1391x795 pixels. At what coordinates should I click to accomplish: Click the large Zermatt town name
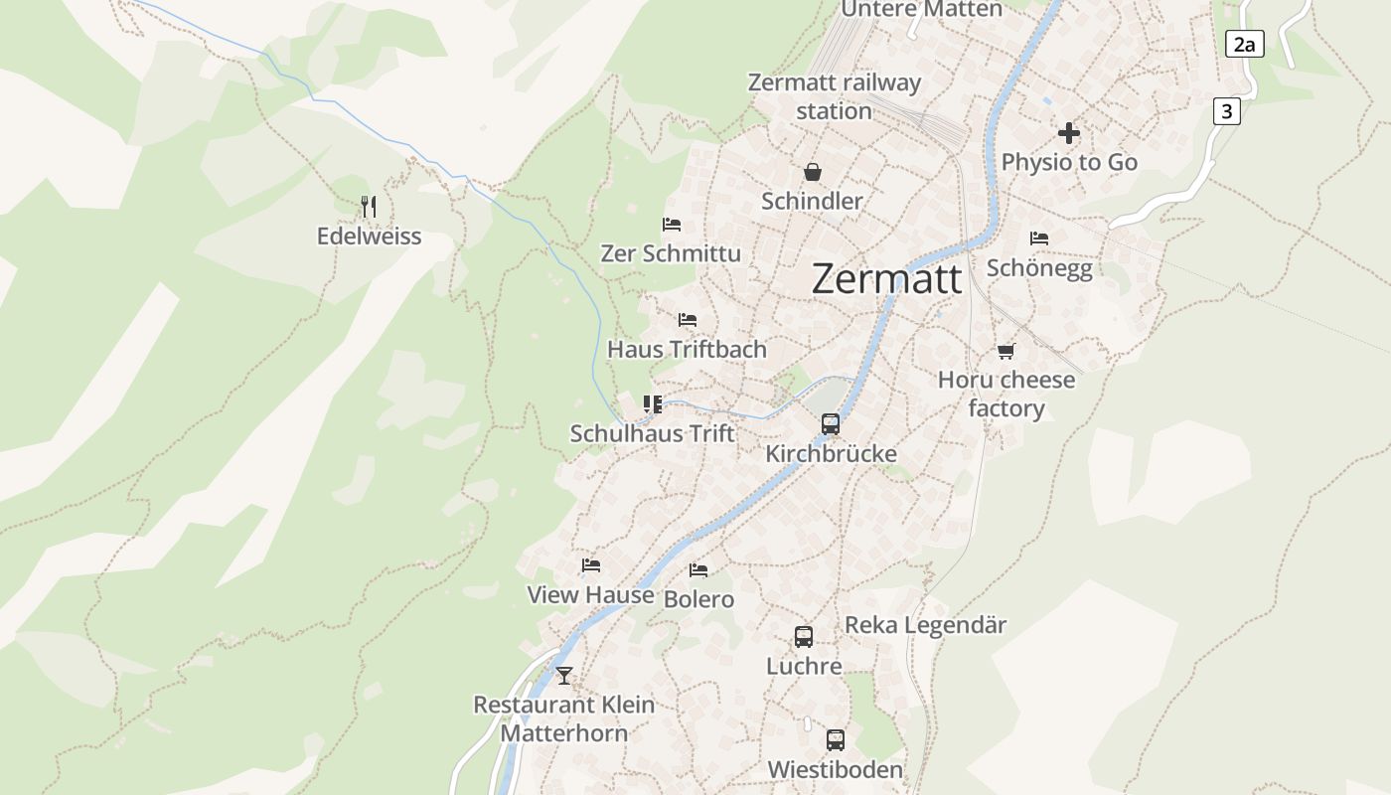pyautogui.click(x=886, y=279)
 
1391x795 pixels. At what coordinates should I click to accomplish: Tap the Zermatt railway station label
pyautogui.click(x=834, y=96)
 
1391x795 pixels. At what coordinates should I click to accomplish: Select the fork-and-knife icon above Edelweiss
pyautogui.click(x=369, y=207)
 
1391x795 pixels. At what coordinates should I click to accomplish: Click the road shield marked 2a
pyautogui.click(x=1244, y=44)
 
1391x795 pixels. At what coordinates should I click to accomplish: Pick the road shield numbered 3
pyautogui.click(x=1227, y=111)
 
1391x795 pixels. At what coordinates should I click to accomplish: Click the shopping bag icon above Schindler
pyautogui.click(x=812, y=172)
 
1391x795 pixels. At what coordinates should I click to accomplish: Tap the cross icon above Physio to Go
pyautogui.click(x=1069, y=133)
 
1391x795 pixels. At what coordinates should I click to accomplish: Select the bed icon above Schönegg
pyautogui.click(x=1039, y=238)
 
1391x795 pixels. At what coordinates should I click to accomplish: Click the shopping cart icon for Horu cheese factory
pyautogui.click(x=1006, y=351)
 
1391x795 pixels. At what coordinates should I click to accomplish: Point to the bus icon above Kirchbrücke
pyautogui.click(x=831, y=424)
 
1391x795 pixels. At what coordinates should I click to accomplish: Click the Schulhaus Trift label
pyautogui.click(x=652, y=433)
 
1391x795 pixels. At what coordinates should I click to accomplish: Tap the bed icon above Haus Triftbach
pyautogui.click(x=687, y=320)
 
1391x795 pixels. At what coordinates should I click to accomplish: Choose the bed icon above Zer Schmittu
pyautogui.click(x=672, y=225)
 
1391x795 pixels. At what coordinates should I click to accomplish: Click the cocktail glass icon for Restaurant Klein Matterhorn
pyautogui.click(x=564, y=676)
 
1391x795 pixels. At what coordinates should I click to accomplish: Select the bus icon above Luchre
pyautogui.click(x=804, y=637)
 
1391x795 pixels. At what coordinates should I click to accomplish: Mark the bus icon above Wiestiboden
pyautogui.click(x=836, y=740)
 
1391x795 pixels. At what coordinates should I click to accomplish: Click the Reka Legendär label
pyautogui.click(x=925, y=625)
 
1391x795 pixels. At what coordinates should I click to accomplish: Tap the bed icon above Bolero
pyautogui.click(x=698, y=570)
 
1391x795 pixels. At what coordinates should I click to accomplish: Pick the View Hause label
pyautogui.click(x=590, y=594)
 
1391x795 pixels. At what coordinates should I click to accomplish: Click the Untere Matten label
pyautogui.click(x=921, y=10)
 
